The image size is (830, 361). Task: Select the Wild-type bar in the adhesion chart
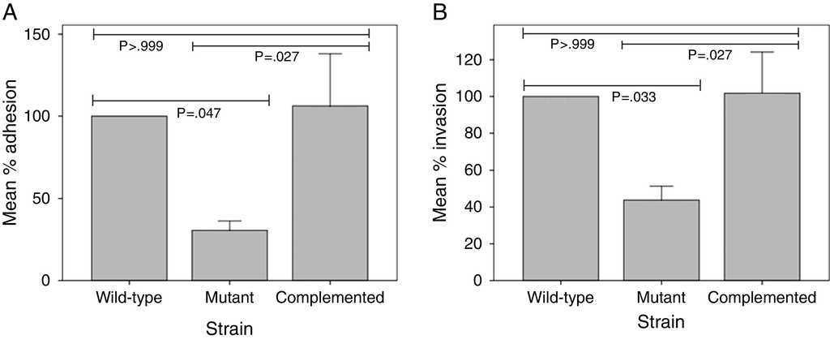point(130,198)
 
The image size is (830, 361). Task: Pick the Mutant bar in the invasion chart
point(661,240)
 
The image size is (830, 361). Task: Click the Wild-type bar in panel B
point(560,188)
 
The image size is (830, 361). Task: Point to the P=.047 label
point(198,113)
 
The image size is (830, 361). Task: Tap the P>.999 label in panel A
point(141,46)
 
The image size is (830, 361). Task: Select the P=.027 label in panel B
point(709,55)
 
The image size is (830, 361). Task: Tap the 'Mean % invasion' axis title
point(442,158)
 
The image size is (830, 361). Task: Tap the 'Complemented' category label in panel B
point(761,298)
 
